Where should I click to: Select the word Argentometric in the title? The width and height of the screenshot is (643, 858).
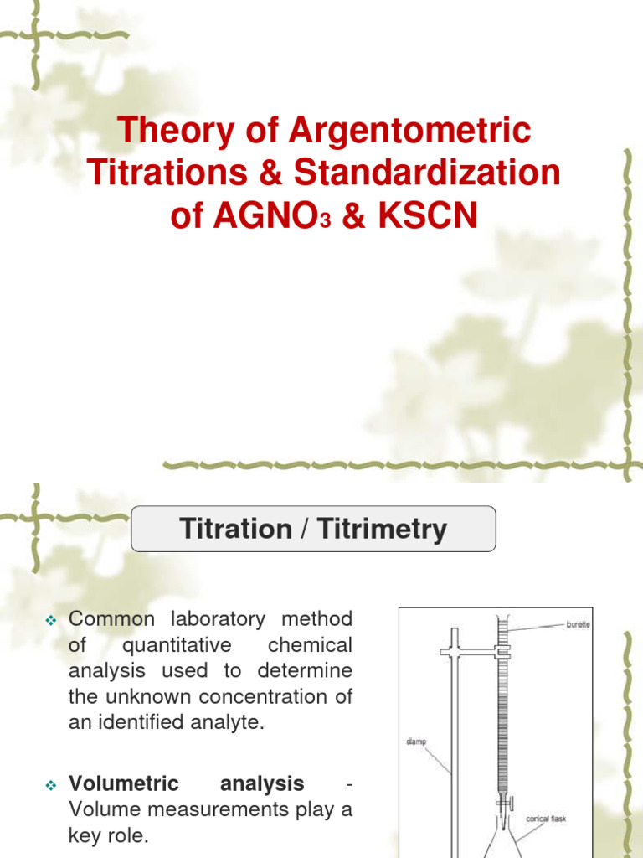[x=410, y=131]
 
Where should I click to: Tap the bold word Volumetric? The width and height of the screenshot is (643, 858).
[x=124, y=784]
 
